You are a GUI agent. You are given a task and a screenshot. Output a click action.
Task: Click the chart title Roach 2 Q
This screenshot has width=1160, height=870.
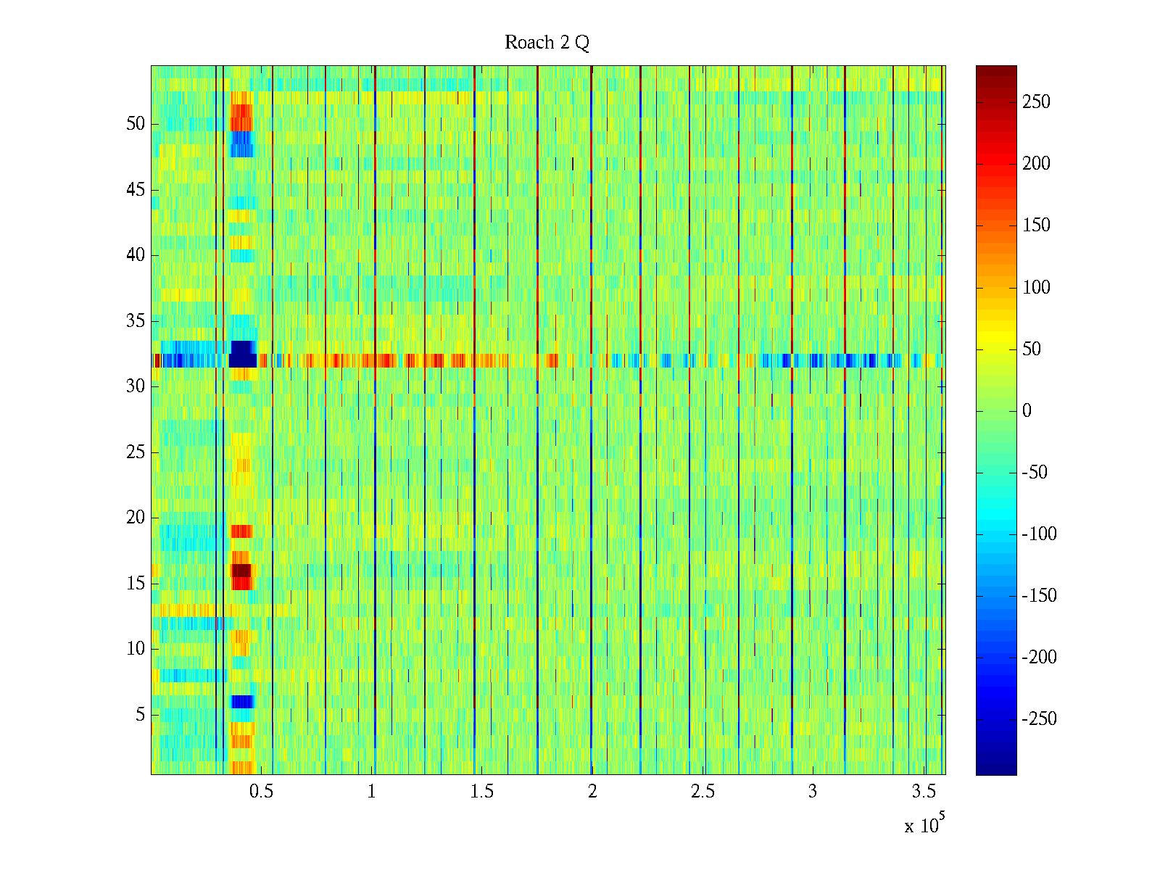click(547, 43)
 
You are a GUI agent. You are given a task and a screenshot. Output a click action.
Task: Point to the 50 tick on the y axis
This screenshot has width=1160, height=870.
click(136, 124)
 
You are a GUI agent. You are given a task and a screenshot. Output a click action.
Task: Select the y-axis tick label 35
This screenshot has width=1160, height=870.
click(136, 321)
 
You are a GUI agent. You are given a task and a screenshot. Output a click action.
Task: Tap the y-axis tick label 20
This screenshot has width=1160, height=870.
click(136, 518)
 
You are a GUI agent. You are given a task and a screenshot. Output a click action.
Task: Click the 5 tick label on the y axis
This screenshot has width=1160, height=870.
click(140, 715)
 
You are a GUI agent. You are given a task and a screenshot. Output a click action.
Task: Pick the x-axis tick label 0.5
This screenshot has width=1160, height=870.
click(261, 792)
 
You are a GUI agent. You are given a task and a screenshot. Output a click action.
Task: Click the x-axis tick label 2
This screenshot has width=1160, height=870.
click(592, 792)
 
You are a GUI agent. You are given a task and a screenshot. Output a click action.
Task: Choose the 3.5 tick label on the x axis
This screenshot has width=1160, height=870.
click(924, 792)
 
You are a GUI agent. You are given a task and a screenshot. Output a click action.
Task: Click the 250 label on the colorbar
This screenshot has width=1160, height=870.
click(1036, 102)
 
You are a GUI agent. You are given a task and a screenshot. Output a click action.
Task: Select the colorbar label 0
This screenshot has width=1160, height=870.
click(1027, 411)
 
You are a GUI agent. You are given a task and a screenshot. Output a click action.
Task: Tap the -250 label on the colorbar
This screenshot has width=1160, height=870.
click(1039, 719)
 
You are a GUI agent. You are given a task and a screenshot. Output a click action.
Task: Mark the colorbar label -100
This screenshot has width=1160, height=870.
click(1039, 534)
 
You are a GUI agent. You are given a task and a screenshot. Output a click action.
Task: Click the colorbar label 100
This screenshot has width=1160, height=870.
click(1036, 288)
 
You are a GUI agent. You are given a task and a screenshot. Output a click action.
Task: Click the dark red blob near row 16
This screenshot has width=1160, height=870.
click(241, 571)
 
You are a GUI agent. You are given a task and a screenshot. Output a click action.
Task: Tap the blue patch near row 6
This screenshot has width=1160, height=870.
click(242, 702)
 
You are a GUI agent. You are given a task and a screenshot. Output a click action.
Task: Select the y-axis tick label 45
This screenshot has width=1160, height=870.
click(136, 190)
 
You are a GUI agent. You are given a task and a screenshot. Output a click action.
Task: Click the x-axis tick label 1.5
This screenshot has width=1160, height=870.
click(481, 792)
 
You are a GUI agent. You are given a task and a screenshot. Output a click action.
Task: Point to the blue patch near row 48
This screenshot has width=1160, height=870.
click(241, 144)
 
